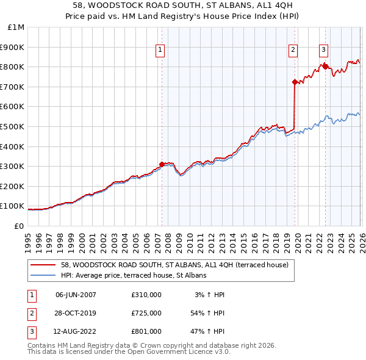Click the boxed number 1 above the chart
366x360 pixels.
coord(160,50)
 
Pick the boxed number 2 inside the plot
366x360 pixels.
coord(293,50)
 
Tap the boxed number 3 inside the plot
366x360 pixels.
coord(323,50)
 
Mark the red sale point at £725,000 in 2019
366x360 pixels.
coord(295,82)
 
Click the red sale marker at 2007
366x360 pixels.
coord(162,164)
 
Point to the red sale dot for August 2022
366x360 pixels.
coord(325,67)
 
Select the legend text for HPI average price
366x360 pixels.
coord(134,275)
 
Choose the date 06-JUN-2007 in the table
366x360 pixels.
coord(76,295)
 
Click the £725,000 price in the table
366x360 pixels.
coord(146,313)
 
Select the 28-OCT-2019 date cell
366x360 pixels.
coord(76,313)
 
